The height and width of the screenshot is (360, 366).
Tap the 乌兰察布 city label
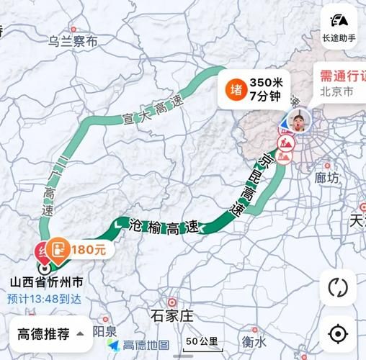tap(73, 42)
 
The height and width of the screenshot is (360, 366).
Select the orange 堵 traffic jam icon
tap(236, 89)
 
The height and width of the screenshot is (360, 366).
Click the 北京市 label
tap(336, 93)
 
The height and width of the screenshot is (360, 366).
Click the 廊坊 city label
tap(326, 177)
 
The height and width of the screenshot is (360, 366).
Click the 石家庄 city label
tap(173, 315)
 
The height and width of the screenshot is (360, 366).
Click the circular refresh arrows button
tap(337, 287)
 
